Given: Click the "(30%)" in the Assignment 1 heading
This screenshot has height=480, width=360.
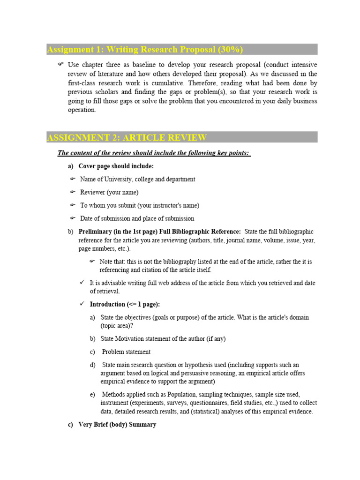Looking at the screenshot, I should (x=228, y=50).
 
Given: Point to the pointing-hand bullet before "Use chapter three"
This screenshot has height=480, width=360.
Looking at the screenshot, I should (x=60, y=64).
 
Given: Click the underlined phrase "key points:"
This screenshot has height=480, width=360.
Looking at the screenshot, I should (x=232, y=153).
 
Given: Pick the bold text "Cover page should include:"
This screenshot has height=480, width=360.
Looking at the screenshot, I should (x=116, y=166).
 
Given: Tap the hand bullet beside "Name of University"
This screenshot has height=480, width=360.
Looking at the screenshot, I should (x=73, y=179).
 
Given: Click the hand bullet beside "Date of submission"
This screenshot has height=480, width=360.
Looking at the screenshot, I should (x=73, y=218).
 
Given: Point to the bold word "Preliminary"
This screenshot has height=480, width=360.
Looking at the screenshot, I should (x=95, y=232).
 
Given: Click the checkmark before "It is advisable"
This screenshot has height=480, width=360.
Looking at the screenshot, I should (x=82, y=283).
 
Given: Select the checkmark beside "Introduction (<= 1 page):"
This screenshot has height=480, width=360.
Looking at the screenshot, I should (x=82, y=304).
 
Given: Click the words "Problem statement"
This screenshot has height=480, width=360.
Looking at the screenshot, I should (x=126, y=352).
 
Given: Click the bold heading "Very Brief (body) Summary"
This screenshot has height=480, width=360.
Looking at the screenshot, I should (x=117, y=425).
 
